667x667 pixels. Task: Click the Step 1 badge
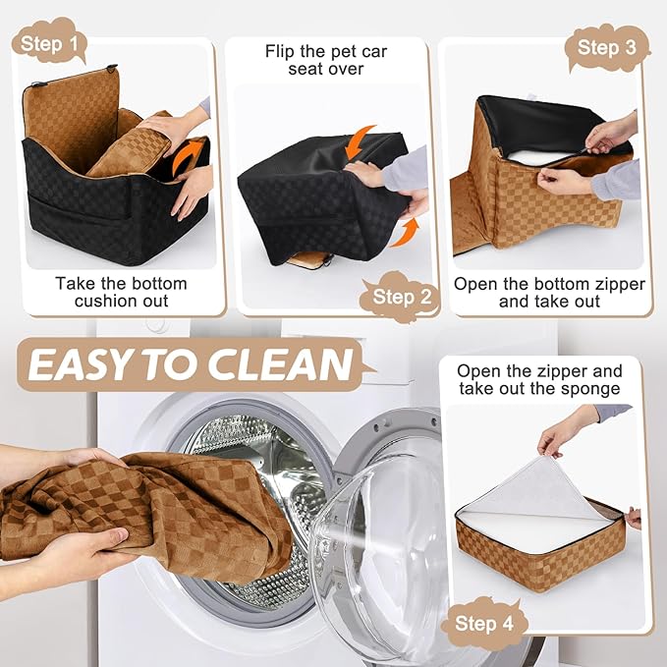(48, 42)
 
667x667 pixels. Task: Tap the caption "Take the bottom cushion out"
(121, 292)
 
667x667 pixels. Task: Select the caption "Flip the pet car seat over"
(327, 59)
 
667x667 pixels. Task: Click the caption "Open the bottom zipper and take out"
(549, 292)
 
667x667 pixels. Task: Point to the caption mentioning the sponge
(539, 379)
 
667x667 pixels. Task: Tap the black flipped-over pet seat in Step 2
(314, 196)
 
